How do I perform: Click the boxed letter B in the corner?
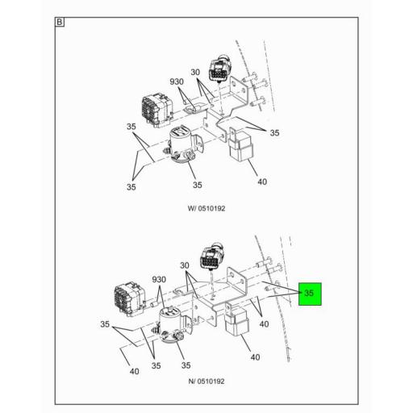[60, 22]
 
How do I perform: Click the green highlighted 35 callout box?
[310, 294]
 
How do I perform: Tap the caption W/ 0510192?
[206, 208]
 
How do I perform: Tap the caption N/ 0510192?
[206, 382]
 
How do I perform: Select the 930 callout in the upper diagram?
[177, 81]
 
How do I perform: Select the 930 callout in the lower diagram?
[159, 280]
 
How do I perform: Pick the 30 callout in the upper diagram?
[195, 73]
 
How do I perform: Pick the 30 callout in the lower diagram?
[185, 265]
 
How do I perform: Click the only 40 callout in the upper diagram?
[262, 182]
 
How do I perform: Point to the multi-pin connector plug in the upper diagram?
[219, 69]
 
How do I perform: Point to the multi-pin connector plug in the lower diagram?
[212, 257]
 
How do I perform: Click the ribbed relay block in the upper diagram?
[157, 110]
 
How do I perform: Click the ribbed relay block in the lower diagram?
[130, 299]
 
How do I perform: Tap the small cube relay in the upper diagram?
[240, 145]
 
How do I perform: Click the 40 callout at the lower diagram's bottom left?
[135, 371]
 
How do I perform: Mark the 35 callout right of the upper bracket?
[274, 133]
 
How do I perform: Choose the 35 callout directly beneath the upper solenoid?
[198, 185]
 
